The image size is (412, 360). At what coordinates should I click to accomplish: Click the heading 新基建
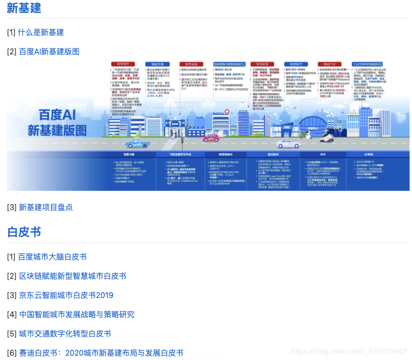tap(24, 8)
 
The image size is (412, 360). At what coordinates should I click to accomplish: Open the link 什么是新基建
tap(41, 32)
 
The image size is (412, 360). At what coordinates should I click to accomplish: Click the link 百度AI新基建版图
tap(49, 51)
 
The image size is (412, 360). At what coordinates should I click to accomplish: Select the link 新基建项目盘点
tap(46, 207)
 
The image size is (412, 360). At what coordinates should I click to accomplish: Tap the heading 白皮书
tap(24, 232)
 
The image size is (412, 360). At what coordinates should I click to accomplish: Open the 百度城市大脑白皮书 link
tap(52, 257)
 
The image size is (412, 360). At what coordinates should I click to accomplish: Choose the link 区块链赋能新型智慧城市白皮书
tap(73, 276)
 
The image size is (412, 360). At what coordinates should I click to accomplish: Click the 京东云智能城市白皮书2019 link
tap(66, 295)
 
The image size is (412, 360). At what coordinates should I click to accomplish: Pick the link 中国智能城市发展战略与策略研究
tap(76, 314)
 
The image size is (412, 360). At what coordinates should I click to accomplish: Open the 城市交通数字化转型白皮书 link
tap(65, 334)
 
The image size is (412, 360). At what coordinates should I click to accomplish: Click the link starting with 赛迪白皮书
tap(101, 353)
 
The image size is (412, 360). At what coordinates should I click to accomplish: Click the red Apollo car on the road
tap(211, 138)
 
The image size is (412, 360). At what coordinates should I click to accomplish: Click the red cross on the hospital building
tap(226, 112)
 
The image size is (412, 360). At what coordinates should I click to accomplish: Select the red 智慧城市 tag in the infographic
tap(120, 63)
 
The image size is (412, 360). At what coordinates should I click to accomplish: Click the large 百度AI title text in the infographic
tap(57, 115)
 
